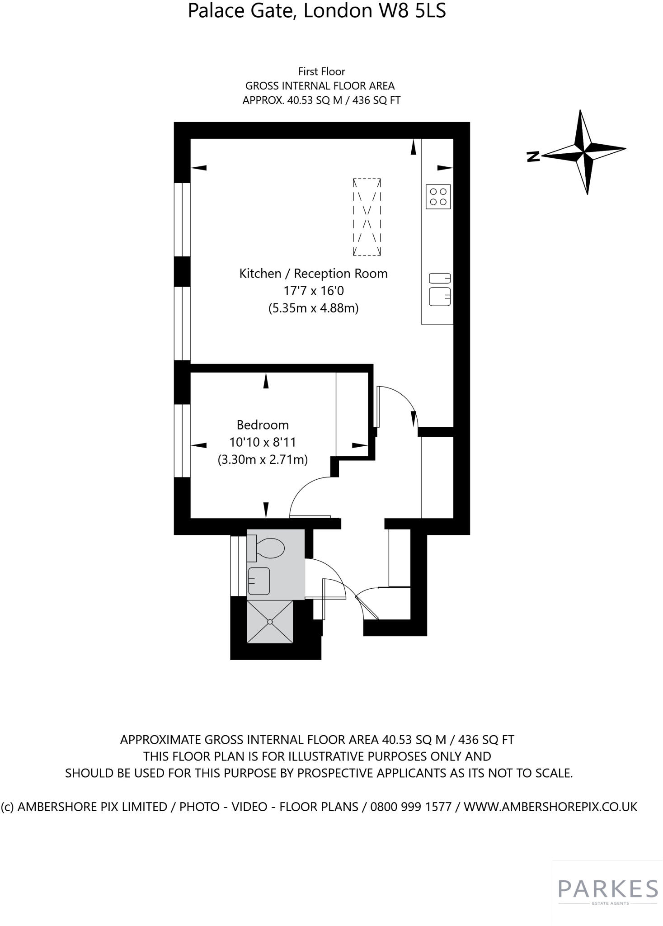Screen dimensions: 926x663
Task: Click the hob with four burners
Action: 438,197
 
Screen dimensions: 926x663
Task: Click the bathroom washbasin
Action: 259,581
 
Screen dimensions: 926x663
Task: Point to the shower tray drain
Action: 270,622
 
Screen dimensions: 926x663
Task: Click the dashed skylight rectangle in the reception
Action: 367,217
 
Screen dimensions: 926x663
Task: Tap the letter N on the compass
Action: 533,156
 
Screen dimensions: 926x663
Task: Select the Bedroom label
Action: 263,425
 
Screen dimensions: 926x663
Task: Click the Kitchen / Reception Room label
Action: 313,274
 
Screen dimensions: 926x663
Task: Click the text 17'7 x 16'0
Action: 313,291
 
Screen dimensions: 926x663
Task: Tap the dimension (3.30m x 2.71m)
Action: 263,460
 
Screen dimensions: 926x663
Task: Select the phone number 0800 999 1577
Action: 411,807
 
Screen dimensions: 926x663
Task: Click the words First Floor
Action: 321,71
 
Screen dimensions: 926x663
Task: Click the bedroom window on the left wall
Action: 182,440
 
